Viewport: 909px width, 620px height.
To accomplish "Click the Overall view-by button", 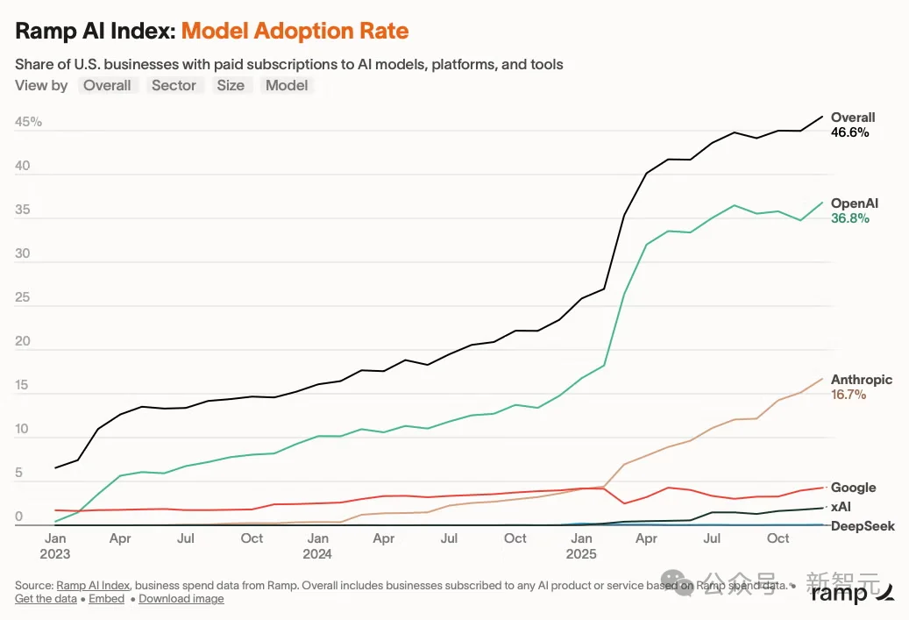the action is (107, 85).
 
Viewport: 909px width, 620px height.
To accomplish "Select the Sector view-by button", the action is (174, 85).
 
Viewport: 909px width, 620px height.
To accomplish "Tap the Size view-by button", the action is (231, 85).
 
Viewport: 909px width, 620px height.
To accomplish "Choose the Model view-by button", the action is (287, 85).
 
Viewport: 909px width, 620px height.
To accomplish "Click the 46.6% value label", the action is (850, 132).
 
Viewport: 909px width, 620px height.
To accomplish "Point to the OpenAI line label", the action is (855, 203).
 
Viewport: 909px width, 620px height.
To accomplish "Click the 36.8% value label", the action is (850, 218).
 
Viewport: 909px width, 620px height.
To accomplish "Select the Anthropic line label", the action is (862, 380).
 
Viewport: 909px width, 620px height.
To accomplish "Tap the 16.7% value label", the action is (849, 395).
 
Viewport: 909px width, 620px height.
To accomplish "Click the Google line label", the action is (854, 488).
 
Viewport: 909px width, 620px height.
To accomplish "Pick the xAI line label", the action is (841, 506).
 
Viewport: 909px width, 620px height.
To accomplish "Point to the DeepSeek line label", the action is (863, 526).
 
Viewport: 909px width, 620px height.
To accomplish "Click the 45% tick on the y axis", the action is (28, 122).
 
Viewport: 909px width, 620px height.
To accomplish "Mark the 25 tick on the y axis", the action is (23, 297).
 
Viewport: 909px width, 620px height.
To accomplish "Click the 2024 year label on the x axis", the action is (317, 554).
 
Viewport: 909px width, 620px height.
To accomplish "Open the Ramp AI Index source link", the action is (93, 585).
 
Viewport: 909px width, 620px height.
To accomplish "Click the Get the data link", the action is (46, 599).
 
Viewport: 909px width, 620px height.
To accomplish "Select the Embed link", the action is (107, 599).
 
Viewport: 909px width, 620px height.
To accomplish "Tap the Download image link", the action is (181, 599).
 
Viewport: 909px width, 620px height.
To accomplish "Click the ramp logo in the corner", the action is (852, 592).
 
